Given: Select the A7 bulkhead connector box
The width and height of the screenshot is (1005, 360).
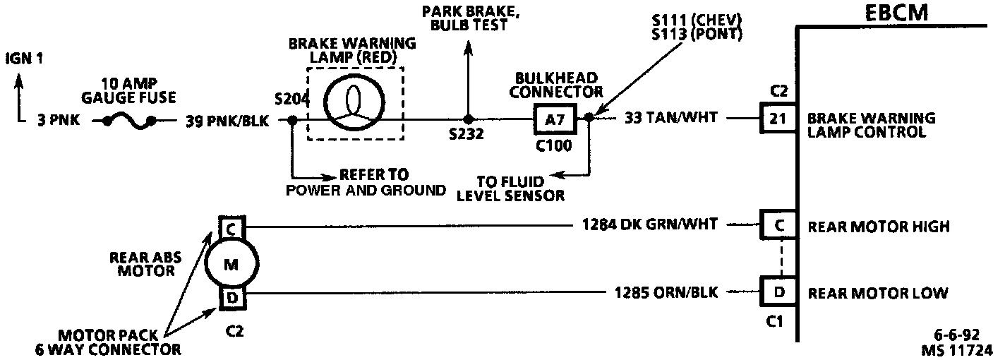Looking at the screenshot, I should coord(553,119).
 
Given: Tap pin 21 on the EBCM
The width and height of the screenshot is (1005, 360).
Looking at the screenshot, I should coord(777,119).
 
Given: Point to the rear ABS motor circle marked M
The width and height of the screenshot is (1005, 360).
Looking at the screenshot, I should coord(232,264).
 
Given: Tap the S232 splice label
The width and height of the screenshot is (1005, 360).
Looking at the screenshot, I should coord(467,134).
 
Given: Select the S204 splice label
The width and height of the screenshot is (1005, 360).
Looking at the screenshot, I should coord(291,100).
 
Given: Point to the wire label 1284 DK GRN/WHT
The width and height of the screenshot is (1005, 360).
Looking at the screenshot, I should coord(650,225).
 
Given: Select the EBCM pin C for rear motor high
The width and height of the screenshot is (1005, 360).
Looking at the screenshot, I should coord(777,226).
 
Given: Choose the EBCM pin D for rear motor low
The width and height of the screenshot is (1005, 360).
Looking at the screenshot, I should coord(777,292).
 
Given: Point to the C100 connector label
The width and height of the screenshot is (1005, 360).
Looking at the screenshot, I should coord(553,146).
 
